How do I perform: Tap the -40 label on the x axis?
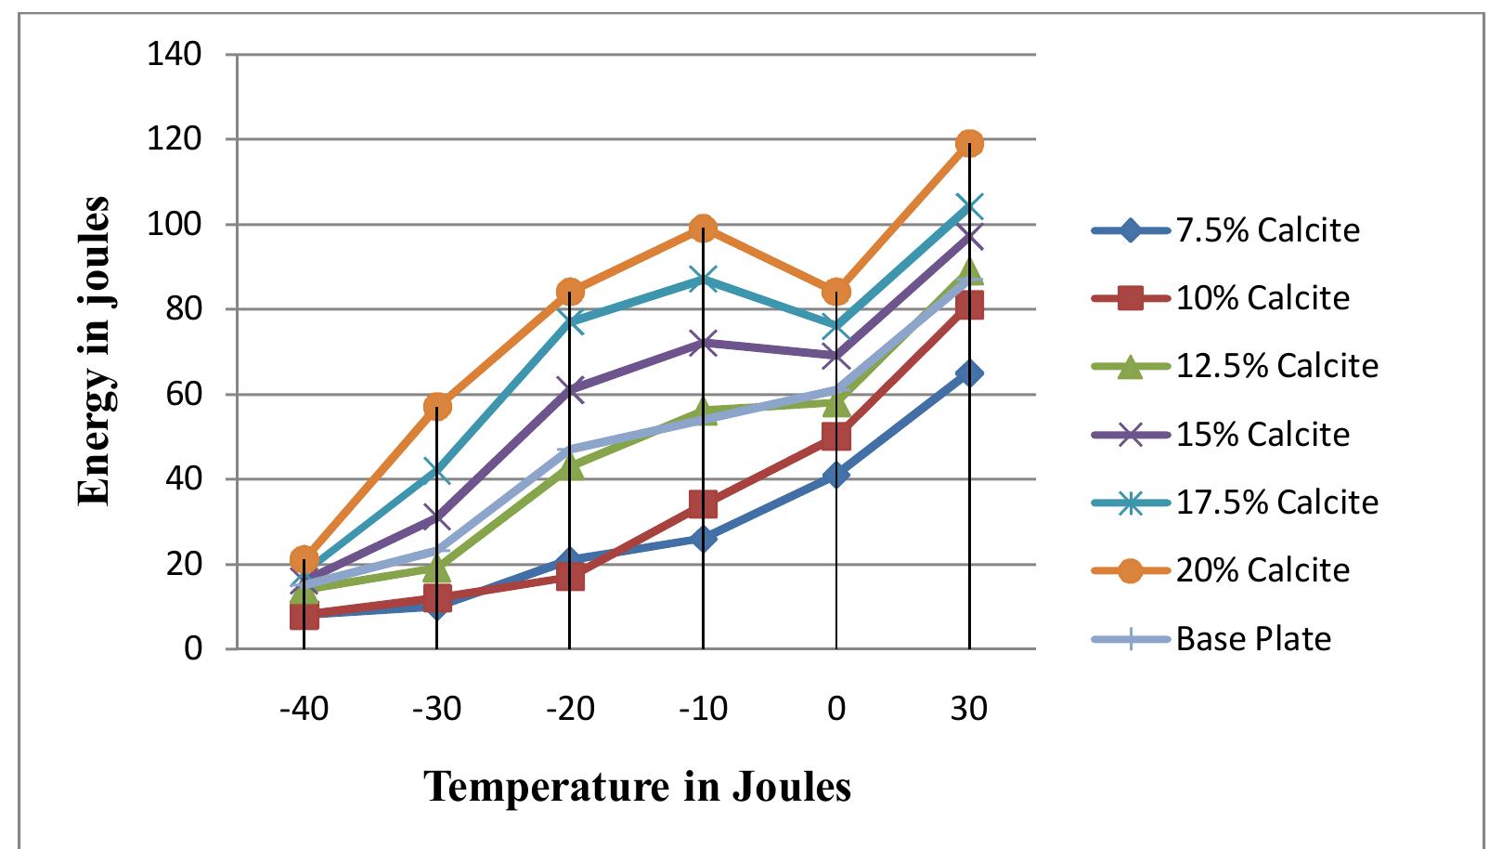304,710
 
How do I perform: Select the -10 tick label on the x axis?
703,710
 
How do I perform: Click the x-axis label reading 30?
968,710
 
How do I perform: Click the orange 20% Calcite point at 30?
969,143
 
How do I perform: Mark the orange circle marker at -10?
703,228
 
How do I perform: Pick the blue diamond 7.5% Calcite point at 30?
969,373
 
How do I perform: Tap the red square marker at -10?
703,505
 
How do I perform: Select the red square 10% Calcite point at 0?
835,437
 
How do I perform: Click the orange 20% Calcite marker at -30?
437,406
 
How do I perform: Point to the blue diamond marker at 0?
835,475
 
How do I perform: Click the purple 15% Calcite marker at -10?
703,344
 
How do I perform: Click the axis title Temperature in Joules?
637,786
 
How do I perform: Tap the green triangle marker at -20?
570,467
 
